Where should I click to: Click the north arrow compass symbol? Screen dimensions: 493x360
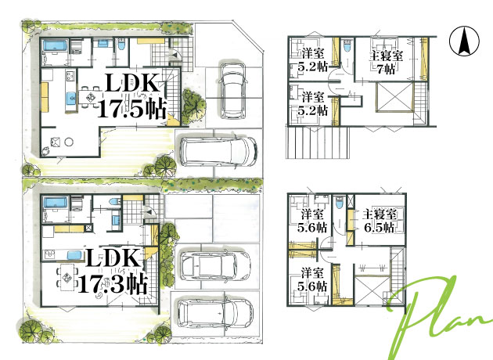pyautogui.click(x=464, y=41)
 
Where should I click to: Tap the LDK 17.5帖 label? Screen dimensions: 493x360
pyautogui.click(x=132, y=95)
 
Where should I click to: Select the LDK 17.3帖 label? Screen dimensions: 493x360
pyautogui.click(x=113, y=271)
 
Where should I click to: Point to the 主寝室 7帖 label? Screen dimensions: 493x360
pyautogui.click(x=386, y=62)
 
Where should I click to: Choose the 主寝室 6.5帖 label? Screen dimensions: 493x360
pyautogui.click(x=379, y=221)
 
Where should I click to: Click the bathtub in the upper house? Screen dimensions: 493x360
pyautogui.click(x=54, y=45)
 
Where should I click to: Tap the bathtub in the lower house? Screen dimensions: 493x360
pyautogui.click(x=55, y=203)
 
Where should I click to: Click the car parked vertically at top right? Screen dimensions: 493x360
pyautogui.click(x=233, y=91)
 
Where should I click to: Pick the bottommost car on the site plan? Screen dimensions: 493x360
pyautogui.click(x=215, y=312)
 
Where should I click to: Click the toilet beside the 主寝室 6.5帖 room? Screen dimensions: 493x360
pyautogui.click(x=340, y=202)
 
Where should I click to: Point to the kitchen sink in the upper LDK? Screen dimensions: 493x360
pyautogui.click(x=71, y=99)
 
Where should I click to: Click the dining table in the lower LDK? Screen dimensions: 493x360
pyautogui.click(x=67, y=278)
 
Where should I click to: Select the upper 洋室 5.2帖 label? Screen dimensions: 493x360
pyautogui.click(x=313, y=59)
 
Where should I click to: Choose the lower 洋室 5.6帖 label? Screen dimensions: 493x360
pyautogui.click(x=312, y=279)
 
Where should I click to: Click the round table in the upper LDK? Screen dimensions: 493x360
pyautogui.click(x=69, y=142)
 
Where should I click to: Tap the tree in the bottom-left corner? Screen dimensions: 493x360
pyautogui.click(x=31, y=329)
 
